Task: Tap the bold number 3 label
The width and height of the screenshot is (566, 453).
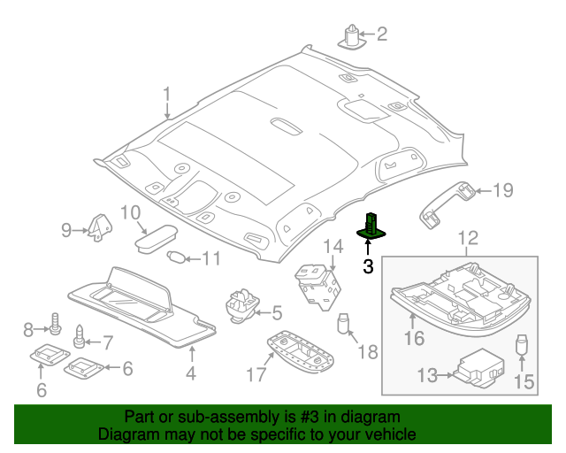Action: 369,265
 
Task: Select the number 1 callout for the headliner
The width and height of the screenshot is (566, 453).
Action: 166,95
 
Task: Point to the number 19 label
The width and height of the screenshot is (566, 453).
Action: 502,189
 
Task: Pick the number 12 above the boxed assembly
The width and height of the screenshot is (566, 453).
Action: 468,237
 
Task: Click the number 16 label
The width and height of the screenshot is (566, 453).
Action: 415,338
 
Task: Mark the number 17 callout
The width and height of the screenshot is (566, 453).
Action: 256,375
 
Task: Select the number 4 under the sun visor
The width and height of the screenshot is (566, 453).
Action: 190,374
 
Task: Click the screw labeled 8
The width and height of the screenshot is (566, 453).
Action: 55,327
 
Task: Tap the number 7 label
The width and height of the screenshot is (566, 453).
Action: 107,342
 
